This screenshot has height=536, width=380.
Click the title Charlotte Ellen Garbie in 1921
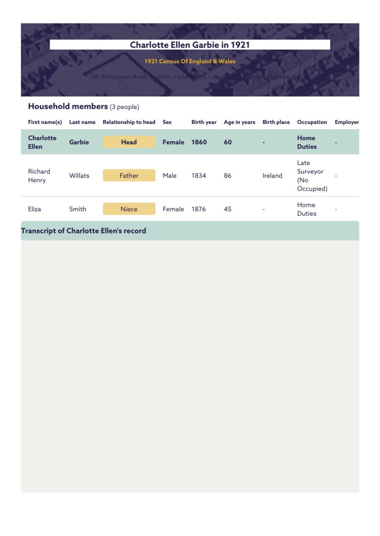point(190,45)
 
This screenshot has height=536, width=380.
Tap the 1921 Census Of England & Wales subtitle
point(190,61)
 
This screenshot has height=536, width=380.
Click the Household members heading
point(68,106)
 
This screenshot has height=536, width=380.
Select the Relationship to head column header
point(129,122)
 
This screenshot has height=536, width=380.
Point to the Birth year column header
point(204,122)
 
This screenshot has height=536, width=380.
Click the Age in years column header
point(240,122)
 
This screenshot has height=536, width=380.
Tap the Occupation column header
point(312,122)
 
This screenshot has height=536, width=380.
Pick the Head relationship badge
point(129,142)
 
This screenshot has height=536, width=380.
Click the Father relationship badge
point(129,176)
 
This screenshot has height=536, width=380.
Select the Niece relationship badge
point(129,209)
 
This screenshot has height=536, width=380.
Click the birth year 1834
point(199,176)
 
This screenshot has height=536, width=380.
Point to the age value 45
point(227,209)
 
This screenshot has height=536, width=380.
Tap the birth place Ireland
point(273,176)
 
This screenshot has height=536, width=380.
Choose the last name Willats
point(79,176)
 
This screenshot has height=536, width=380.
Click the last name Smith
point(78,209)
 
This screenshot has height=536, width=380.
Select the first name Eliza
point(35,209)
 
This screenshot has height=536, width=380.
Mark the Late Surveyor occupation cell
point(312,176)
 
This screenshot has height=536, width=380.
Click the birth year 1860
point(199,142)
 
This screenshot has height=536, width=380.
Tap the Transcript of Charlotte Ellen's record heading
point(83,231)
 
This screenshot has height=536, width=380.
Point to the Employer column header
point(346,122)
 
